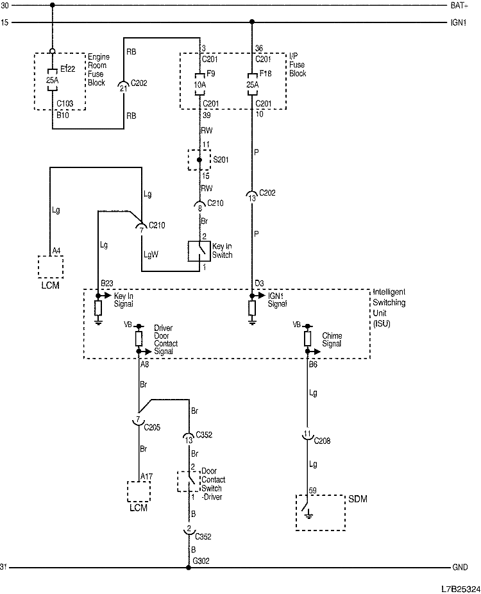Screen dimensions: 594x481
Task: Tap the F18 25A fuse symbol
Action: click(251, 83)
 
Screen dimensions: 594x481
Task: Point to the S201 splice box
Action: click(198, 160)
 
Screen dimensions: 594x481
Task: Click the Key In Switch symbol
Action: click(198, 251)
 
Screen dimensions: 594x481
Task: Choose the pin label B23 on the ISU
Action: click(106, 282)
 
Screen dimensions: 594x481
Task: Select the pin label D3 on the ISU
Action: click(258, 282)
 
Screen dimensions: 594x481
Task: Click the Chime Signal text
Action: click(332, 339)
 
